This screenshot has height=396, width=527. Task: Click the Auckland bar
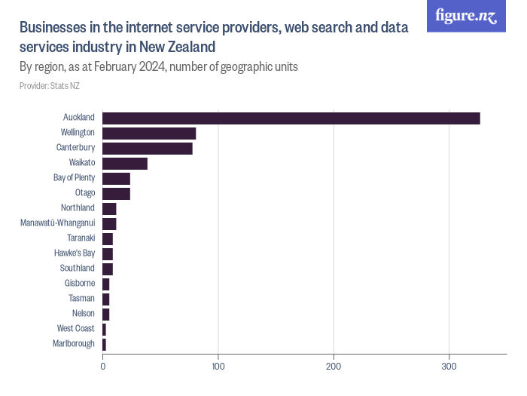point(291,118)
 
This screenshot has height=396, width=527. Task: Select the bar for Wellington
point(149,134)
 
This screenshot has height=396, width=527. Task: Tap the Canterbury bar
point(148,149)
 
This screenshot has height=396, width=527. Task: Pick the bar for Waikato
point(125,164)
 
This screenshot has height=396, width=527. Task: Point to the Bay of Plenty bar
point(116,179)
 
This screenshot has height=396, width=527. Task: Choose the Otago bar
point(116,194)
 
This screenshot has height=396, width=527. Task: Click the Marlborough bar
point(104,345)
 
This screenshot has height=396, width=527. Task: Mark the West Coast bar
point(104,330)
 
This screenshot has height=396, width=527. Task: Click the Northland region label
point(78,207)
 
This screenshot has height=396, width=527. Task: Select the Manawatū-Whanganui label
point(58,223)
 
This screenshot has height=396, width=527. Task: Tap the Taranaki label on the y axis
point(81,238)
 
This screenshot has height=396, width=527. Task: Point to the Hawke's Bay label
point(75,253)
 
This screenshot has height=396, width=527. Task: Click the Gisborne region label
point(80,283)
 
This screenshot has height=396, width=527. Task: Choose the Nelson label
point(84,313)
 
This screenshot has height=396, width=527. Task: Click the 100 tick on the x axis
point(218,367)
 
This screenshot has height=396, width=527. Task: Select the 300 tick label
point(449,367)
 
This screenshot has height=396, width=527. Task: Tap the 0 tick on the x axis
point(103,367)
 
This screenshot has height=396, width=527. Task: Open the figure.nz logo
point(466,16)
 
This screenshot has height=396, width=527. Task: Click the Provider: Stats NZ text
point(50,86)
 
